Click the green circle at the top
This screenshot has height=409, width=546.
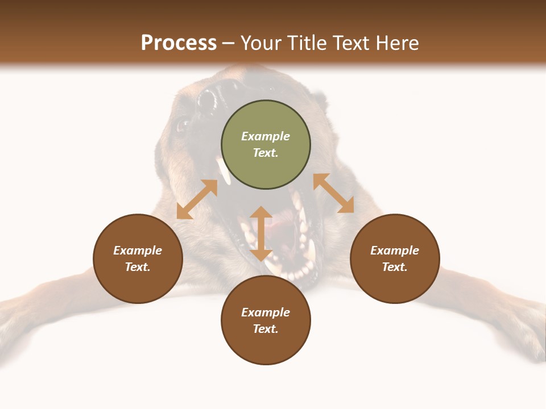pos(266,145)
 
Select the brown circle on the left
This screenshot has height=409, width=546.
pos(138,258)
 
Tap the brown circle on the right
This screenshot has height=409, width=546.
pos(395,258)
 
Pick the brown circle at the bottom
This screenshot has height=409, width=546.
pos(266,320)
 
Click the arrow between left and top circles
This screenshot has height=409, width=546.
pos(197,199)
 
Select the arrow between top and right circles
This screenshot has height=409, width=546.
pos(334,193)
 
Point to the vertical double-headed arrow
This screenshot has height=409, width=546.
pos(261,233)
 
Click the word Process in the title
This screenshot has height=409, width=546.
pos(179,43)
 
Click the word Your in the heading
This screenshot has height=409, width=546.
pos(260,43)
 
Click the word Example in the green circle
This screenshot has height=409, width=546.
pos(266,136)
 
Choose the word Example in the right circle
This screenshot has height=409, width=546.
pos(395,251)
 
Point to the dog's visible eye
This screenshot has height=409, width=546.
pos(183,124)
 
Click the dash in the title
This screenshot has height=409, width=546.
pos(229,43)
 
